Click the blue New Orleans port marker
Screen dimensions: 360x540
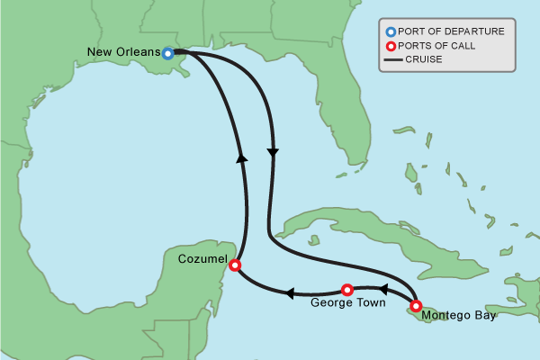coord(168,53)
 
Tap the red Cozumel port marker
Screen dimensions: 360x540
coord(235,265)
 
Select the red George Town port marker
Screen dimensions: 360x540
coord(347,290)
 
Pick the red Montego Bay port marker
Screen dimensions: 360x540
coord(416,306)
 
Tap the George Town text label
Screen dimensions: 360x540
coord(347,303)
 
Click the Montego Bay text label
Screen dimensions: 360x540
coord(458,315)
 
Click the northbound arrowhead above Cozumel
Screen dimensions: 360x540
coord(241,157)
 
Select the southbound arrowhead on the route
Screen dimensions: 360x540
coord(273,152)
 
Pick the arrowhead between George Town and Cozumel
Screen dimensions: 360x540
coord(291,293)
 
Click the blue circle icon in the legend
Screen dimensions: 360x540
coord(391,31)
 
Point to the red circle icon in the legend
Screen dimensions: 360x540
coord(391,46)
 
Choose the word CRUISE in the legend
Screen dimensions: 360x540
coord(424,59)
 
